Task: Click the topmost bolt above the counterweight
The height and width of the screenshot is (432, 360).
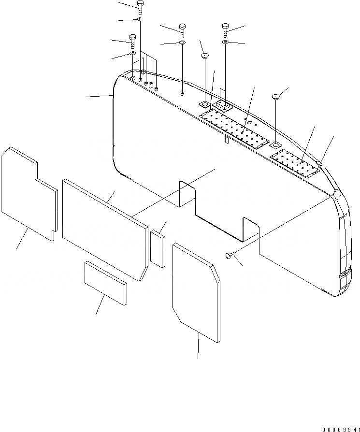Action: pyautogui.click(x=140, y=6)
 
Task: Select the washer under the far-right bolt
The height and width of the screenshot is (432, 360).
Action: pyautogui.click(x=226, y=43)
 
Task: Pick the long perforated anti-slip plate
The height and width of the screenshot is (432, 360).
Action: pyautogui.click(x=233, y=128)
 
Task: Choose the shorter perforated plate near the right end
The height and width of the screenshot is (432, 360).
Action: pyautogui.click(x=295, y=163)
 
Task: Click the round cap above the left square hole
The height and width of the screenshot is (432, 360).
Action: pyautogui.click(x=204, y=56)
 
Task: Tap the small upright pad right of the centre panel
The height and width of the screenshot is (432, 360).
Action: pyautogui.click(x=157, y=248)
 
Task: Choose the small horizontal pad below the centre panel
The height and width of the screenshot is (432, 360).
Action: pyautogui.click(x=105, y=283)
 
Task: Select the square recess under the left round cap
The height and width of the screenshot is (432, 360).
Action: pyautogui.click(x=204, y=103)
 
